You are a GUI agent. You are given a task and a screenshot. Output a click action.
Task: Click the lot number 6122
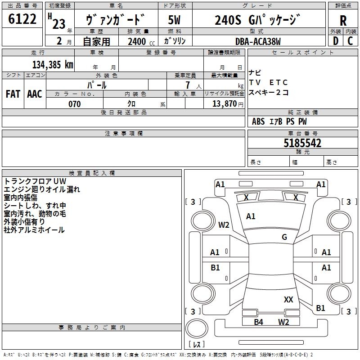22,19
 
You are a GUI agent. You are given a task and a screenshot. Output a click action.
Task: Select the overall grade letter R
343,21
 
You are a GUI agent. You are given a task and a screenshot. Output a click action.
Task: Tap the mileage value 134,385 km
53,65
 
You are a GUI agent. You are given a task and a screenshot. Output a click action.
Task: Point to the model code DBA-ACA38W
258,41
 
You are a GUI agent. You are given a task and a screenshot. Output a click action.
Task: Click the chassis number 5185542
302,143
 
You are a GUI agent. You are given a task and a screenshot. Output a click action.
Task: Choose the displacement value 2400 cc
141,41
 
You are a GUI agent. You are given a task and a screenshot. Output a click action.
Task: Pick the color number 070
75,104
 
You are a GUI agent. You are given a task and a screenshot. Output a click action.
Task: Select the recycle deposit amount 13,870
224,104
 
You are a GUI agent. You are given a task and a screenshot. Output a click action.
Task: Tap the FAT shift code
13,94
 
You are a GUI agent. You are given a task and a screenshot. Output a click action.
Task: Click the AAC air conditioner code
35,94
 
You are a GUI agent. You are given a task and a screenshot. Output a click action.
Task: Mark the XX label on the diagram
288,300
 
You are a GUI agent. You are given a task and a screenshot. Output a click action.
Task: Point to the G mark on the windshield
284,237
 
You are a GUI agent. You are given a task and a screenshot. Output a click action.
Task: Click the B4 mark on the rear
258,322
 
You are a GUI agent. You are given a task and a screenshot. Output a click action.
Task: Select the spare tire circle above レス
197,329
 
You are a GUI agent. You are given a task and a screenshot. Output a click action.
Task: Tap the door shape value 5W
174,20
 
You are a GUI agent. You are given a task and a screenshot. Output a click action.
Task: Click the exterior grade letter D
336,41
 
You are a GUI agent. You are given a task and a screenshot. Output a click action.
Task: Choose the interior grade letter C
350,41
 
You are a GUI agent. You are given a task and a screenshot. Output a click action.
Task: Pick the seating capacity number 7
188,85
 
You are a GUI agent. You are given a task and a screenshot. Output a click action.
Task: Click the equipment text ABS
258,121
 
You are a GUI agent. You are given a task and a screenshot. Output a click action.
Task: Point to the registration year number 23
59,24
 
